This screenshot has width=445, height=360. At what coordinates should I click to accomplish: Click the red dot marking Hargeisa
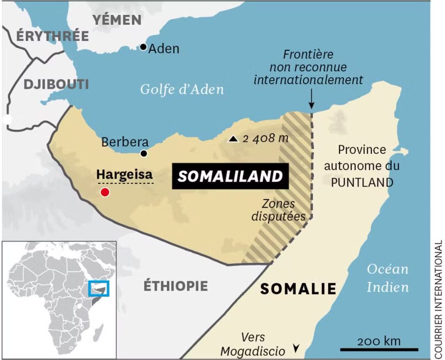104,192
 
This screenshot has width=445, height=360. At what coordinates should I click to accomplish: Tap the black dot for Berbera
144,153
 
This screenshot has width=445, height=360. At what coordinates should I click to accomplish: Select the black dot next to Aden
143,47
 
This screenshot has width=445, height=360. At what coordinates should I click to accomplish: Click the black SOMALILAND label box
230,176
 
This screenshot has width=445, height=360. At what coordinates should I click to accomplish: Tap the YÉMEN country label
117,20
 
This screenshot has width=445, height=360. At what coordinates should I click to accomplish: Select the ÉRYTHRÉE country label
47,36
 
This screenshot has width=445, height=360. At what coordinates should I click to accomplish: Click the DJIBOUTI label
56,84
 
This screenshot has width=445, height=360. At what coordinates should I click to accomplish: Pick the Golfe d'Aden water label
182,90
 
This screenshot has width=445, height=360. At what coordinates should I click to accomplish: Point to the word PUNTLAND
362,182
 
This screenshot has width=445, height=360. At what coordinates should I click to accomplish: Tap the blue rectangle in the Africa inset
99,288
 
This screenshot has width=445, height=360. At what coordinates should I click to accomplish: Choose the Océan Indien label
388,278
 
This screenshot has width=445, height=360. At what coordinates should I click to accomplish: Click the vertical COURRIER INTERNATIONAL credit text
438,298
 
